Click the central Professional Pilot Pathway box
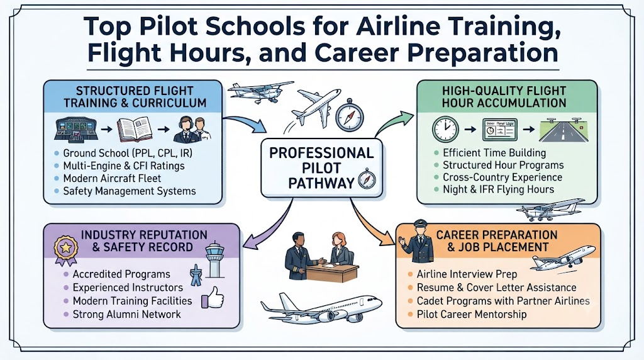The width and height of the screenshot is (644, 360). tap(321, 167)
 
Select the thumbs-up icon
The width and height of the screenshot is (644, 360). tap(213, 297)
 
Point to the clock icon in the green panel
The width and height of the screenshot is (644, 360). tap(445, 129)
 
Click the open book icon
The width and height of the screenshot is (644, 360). tap(135, 129)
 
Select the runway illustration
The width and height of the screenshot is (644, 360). tap(563, 130)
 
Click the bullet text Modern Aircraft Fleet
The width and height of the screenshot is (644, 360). tap(112, 178)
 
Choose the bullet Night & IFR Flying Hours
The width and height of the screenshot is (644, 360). tap(498, 189)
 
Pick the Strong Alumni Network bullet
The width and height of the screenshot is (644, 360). tap(126, 315)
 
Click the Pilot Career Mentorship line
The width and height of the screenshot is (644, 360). tap(472, 315)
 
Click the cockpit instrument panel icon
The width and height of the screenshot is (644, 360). tap(76, 129)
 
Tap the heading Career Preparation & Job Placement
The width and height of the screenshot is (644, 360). tap(497, 241)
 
